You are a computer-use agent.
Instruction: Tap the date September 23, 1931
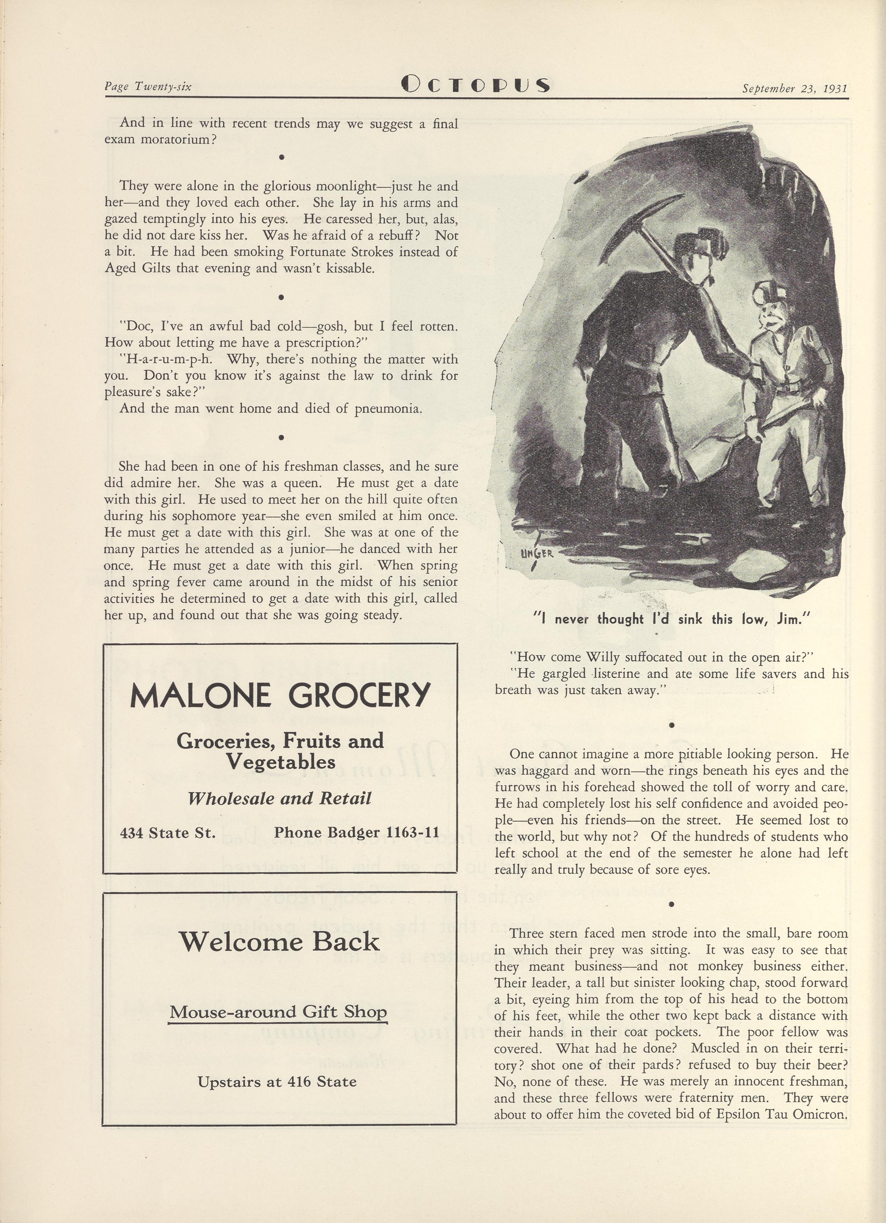click(x=794, y=88)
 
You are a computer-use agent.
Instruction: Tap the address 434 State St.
click(x=167, y=833)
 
